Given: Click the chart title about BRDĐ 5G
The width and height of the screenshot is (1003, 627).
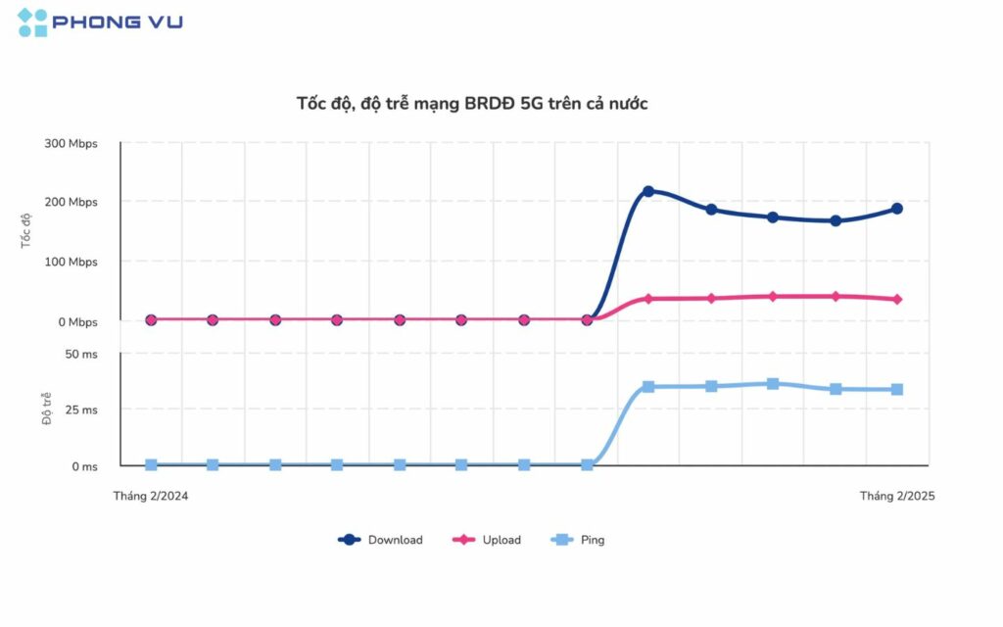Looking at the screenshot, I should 472,103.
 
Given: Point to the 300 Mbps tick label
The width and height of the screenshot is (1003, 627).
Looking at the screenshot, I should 71,143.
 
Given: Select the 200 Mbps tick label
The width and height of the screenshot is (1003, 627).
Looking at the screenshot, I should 71,202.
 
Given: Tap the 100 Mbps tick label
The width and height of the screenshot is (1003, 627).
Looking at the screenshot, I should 71,262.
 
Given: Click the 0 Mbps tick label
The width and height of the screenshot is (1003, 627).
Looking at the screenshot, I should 75,321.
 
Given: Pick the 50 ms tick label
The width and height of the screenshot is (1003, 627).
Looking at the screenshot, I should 81,354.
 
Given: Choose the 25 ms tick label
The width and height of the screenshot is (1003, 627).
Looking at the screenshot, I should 81,410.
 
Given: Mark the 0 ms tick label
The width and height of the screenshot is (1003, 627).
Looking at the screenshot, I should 84,466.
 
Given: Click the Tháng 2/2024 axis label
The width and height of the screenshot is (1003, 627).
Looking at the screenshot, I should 151,496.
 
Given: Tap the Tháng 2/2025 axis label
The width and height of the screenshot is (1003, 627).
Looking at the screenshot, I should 897,496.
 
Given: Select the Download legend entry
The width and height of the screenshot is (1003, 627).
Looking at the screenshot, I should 381,540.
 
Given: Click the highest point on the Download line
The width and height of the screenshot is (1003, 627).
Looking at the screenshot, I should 648,191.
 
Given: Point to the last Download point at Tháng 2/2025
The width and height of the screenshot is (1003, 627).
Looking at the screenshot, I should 896,209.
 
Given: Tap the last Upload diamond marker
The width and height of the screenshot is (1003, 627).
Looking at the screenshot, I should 896,299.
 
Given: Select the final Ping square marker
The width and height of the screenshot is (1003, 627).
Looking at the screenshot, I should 896,390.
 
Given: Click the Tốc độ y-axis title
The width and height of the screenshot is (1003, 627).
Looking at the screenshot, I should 26,231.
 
